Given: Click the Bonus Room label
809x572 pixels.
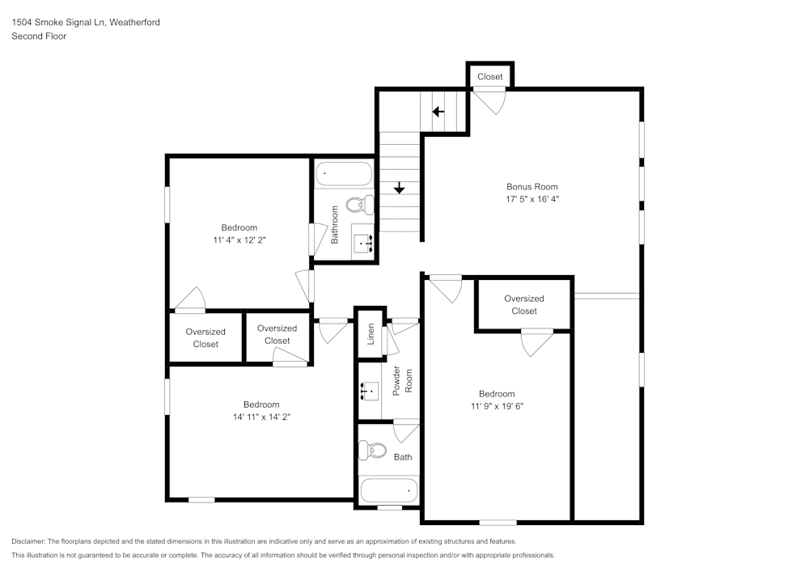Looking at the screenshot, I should pyautogui.click(x=532, y=187).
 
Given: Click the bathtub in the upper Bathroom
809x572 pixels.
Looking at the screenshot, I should pyautogui.click(x=344, y=173).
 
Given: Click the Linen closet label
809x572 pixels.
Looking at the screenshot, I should pyautogui.click(x=371, y=333).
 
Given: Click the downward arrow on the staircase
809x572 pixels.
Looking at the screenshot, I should pyautogui.click(x=399, y=187).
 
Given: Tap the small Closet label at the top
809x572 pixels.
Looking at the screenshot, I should pyautogui.click(x=489, y=77).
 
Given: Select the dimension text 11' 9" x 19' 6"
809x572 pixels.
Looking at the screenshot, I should pyautogui.click(x=497, y=407).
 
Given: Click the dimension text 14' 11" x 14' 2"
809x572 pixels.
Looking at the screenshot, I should pyautogui.click(x=261, y=417).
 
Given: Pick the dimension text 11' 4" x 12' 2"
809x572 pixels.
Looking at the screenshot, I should pyautogui.click(x=239, y=240).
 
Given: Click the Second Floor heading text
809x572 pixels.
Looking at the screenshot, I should pyautogui.click(x=39, y=36).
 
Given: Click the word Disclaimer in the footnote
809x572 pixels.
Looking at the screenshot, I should pyautogui.click(x=28, y=541).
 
